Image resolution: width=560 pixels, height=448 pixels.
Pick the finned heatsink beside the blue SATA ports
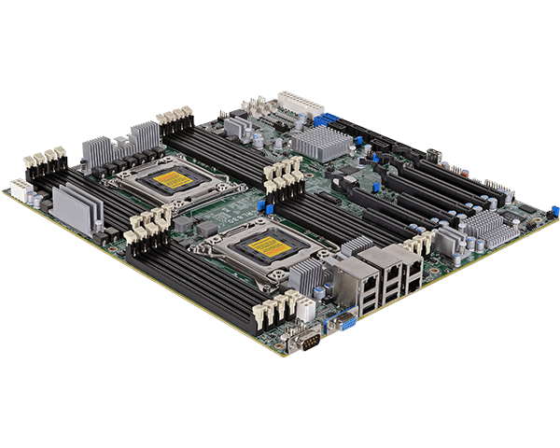click(320, 143)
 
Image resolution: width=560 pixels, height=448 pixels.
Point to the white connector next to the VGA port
click(301, 307)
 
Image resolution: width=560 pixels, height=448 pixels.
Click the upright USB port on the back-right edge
click(433, 154)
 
